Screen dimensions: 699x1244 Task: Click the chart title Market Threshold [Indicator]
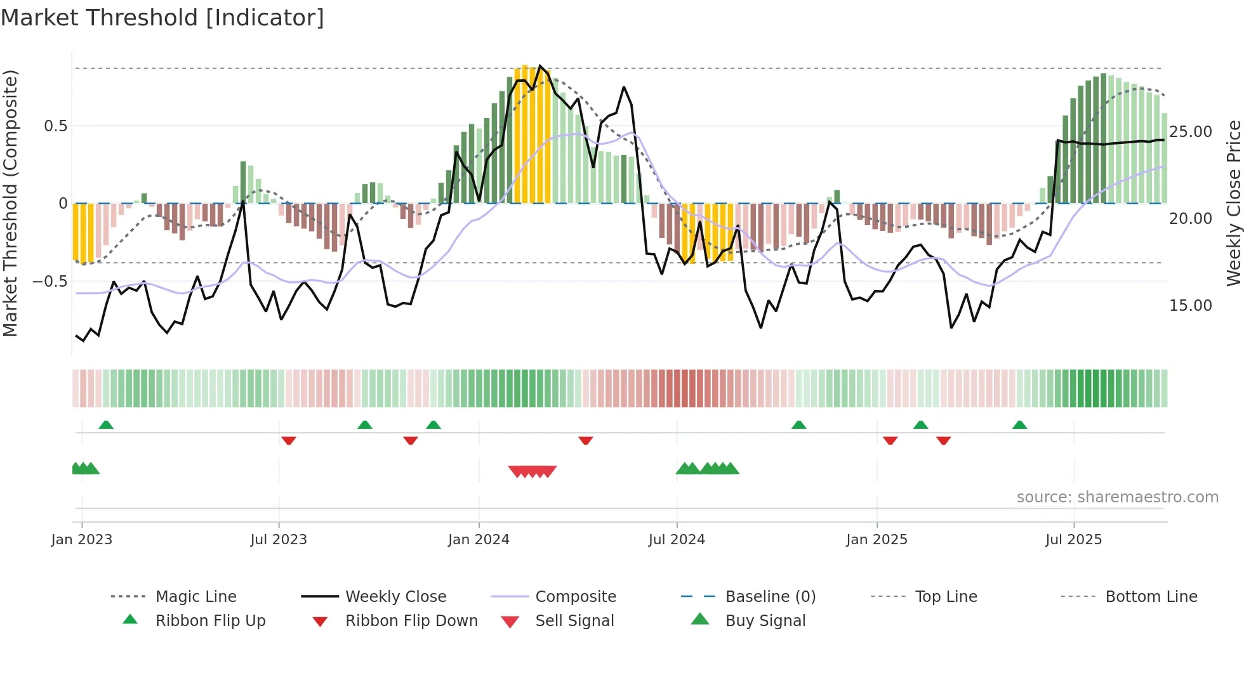point(162,18)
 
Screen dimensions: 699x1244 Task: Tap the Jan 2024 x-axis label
point(479,540)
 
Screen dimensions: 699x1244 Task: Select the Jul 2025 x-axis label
point(1073,540)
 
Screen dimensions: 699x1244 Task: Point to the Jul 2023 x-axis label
point(278,540)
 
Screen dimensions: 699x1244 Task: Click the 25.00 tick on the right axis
point(1190,132)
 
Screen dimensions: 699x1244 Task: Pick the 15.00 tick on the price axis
point(1190,306)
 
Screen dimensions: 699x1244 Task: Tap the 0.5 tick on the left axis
point(55,126)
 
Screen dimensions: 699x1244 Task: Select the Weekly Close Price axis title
point(1233,203)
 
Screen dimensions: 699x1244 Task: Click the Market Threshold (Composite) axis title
point(10,203)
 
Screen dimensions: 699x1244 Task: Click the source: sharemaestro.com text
point(1117,497)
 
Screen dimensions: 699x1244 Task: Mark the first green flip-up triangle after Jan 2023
point(106,425)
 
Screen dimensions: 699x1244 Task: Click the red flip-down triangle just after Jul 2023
point(289,440)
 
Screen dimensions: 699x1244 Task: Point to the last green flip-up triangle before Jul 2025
point(1019,425)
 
